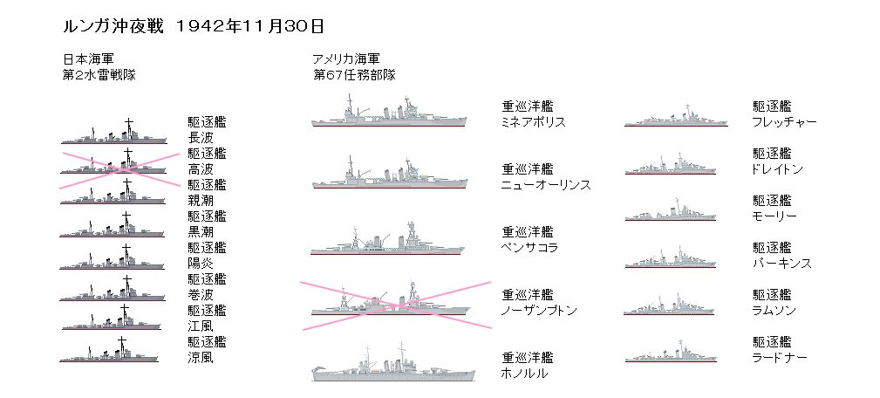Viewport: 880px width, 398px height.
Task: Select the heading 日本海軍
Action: click(86, 59)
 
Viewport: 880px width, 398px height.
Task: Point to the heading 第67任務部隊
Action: click(355, 75)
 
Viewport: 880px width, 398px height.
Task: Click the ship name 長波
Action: click(201, 137)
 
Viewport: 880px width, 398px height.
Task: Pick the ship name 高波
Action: click(201, 168)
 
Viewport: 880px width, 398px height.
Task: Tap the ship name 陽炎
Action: click(201, 263)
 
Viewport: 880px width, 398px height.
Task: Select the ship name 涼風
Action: click(201, 357)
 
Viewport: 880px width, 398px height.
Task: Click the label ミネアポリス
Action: click(534, 122)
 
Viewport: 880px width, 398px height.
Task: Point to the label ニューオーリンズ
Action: click(546, 185)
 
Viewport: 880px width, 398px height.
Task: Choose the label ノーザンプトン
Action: click(540, 311)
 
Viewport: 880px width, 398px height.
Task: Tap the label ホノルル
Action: click(524, 374)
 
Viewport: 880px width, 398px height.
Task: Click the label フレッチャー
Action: click(784, 122)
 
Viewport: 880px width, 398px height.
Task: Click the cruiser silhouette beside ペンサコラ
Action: click(389, 239)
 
